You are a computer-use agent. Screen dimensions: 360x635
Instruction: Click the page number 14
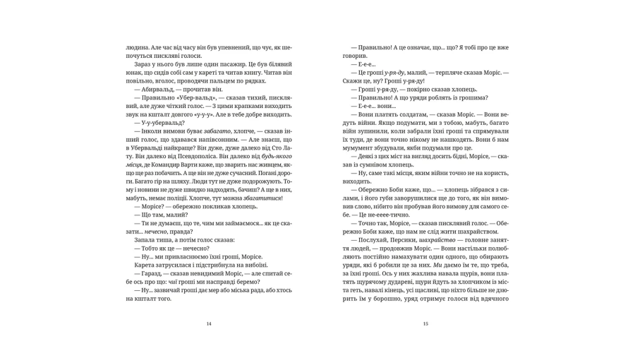(x=209, y=324)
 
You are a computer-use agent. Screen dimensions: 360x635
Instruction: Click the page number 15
(x=425, y=324)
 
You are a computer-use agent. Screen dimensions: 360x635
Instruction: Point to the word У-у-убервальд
(x=164, y=123)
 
